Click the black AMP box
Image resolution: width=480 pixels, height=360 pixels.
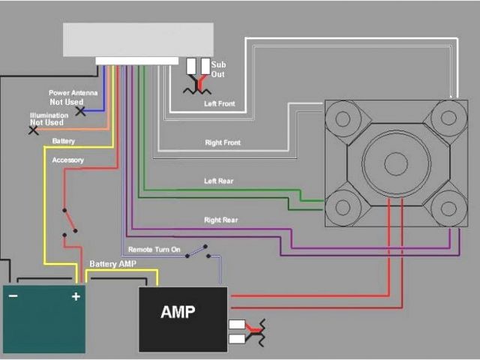183,319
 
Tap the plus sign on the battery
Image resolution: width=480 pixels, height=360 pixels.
75,297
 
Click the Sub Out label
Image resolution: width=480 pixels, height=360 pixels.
218,70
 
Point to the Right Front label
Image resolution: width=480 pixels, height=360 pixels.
223,142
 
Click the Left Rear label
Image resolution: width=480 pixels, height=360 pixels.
220,181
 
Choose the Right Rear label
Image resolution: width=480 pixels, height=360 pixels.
221,220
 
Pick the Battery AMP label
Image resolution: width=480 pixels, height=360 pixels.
113,264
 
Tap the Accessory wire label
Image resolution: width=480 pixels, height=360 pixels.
67,160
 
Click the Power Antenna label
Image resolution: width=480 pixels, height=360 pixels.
73,93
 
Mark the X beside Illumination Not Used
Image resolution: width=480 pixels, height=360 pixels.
34,130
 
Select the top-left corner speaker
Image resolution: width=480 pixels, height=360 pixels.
343,118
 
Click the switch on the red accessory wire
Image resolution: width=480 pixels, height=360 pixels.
70,222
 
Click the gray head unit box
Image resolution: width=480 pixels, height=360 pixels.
138,39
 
